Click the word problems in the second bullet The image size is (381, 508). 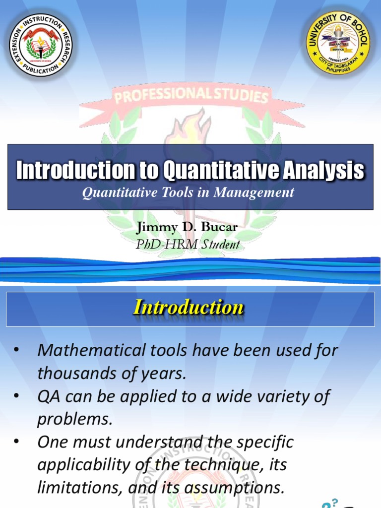tap(75, 419)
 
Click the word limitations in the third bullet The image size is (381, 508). tap(76, 488)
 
